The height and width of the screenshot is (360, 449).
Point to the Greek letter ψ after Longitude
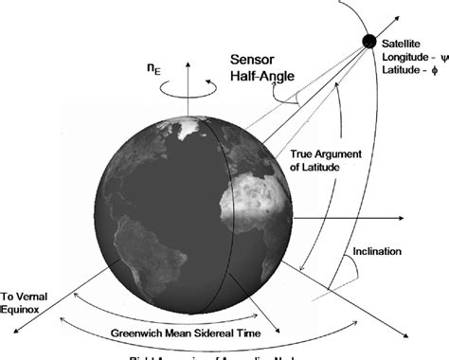(438, 57)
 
